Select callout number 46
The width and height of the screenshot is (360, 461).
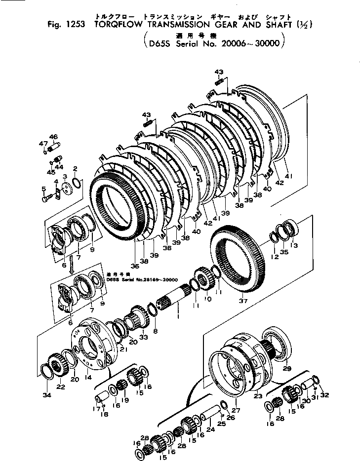click(x=53, y=137)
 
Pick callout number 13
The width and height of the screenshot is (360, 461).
click(x=295, y=245)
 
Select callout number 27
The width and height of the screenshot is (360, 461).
click(x=235, y=410)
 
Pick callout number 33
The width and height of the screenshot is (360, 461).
click(x=144, y=337)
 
